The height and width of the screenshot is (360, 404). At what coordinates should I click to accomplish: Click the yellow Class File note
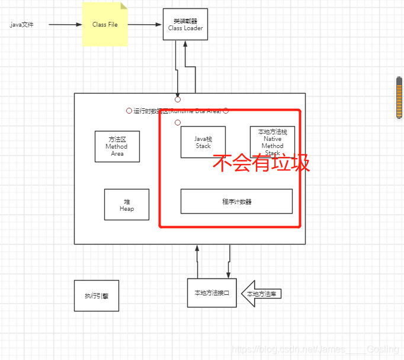coord(105,25)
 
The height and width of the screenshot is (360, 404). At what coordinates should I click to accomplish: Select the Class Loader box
coord(185,24)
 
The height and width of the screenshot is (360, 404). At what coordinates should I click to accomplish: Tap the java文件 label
coord(22,25)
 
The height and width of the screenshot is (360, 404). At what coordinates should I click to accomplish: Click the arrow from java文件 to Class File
coord(65,25)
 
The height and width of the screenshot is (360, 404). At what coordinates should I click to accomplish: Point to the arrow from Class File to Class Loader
coord(145,25)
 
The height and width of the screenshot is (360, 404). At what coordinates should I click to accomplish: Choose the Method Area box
coord(117,146)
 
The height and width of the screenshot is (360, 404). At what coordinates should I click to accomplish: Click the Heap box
coord(127,205)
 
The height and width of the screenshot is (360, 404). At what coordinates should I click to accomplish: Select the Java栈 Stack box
coord(203,142)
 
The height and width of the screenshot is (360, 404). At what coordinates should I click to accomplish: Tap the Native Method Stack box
coord(272,142)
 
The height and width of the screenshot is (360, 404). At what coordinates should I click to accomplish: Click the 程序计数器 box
coord(236,201)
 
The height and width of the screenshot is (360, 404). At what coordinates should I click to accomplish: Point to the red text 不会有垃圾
coord(261,163)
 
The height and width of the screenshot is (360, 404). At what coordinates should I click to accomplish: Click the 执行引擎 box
coord(97,295)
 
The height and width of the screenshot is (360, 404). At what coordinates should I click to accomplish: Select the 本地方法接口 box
coord(211,293)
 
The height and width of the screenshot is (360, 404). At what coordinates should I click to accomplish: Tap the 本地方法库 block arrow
coord(261,294)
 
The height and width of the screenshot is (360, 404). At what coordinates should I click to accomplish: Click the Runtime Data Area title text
coord(177,111)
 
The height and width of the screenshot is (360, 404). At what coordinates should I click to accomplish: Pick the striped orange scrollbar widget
coord(399,98)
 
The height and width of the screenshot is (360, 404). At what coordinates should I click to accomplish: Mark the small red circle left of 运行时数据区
coord(129,111)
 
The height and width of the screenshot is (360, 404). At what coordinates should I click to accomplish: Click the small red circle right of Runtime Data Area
coord(226,111)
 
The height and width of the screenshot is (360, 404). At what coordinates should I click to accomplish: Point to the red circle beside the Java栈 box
coord(177,123)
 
